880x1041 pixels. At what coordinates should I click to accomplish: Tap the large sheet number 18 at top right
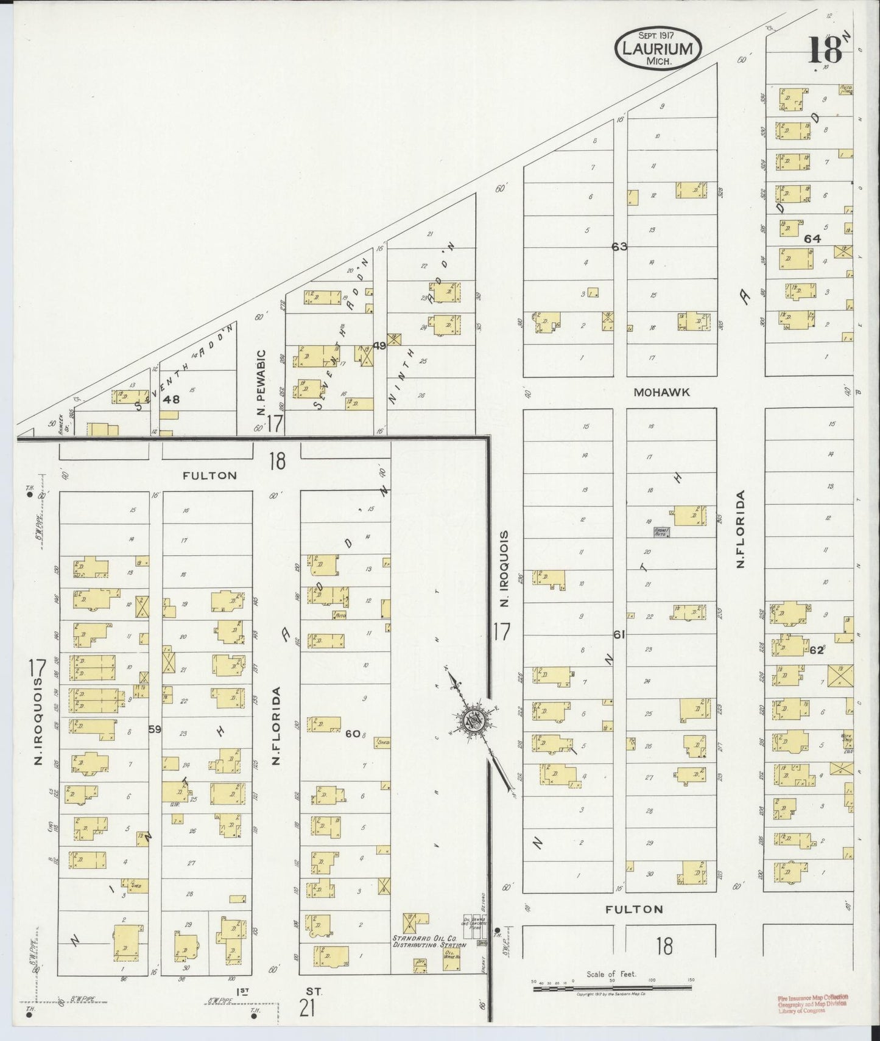coord(825,50)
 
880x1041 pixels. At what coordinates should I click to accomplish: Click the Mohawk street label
coord(661,393)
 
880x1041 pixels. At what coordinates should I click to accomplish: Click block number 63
coord(619,247)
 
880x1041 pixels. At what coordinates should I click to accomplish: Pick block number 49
coord(380,346)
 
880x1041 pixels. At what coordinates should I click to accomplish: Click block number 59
coord(155,728)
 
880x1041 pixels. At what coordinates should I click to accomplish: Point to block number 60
coord(353,734)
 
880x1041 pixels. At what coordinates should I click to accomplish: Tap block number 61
coord(619,634)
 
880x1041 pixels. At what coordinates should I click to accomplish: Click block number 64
coord(812,239)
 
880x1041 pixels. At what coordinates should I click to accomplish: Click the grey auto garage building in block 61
coord(661,532)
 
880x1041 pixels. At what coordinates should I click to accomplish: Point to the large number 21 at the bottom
coord(308,1009)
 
